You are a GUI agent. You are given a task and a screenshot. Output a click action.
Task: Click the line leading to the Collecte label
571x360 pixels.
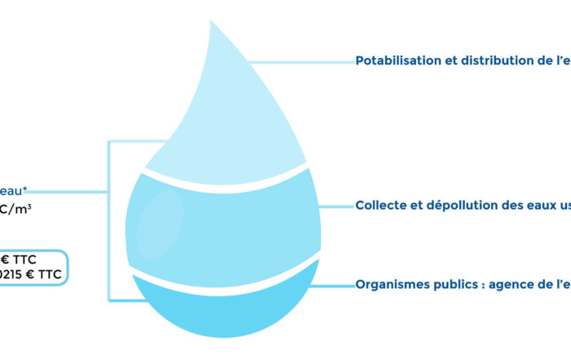click(334, 206)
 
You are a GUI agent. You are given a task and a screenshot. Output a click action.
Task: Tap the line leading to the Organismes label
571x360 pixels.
click(334, 285)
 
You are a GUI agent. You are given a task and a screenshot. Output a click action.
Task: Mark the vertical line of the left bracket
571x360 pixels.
click(109, 220)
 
